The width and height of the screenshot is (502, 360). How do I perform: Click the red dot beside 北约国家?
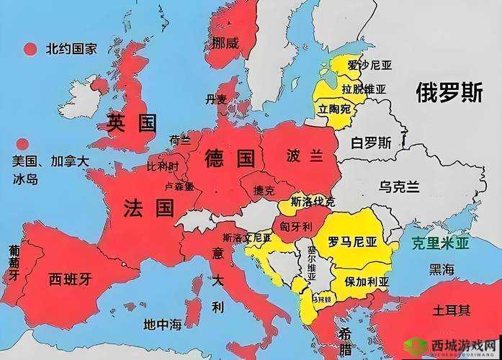click(30, 50)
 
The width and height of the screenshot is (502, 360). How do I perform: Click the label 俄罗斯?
click(448, 92)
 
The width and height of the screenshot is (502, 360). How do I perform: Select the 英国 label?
click(131, 122)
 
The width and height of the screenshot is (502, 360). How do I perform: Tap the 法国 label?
click(148, 209)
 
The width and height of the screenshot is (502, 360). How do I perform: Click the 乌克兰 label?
click(398, 186)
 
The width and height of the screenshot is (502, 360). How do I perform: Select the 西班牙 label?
click(70, 278)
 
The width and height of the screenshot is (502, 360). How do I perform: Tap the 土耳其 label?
click(452, 311)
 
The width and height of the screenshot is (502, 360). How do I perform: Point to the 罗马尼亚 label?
click(354, 241)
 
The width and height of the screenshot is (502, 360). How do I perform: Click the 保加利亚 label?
click(367, 281)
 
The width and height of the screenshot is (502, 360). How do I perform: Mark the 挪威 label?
click(225, 43)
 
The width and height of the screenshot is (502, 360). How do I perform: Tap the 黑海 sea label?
click(442, 269)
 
